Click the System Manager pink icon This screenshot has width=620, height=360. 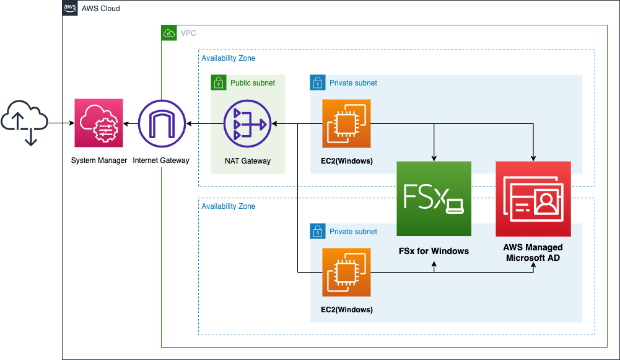pyautogui.click(x=98, y=123)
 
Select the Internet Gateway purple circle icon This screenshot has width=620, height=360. pyautogui.click(x=161, y=123)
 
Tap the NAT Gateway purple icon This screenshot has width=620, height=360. pyautogui.click(x=247, y=124)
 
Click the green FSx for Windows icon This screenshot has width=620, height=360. pyautogui.click(x=434, y=199)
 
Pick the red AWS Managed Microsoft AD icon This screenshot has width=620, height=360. pyautogui.click(x=533, y=199)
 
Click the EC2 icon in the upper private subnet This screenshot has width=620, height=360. pyautogui.click(x=346, y=124)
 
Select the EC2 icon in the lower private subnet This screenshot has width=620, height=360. pyautogui.click(x=346, y=273)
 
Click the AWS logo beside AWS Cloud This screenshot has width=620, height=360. pyautogui.click(x=71, y=9)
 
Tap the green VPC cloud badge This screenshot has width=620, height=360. pyautogui.click(x=169, y=33)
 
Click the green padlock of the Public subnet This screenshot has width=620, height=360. pyautogui.click(x=218, y=82)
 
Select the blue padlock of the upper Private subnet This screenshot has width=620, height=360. pyautogui.click(x=317, y=82)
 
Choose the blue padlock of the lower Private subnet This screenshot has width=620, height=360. pyautogui.click(x=317, y=231)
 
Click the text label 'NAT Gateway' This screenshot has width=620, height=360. pyautogui.click(x=248, y=161)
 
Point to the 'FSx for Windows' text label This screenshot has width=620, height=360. pyautogui.click(x=434, y=251)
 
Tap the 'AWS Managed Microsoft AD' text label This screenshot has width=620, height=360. pyautogui.click(x=533, y=252)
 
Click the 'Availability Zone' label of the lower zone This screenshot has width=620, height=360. pyautogui.click(x=229, y=206)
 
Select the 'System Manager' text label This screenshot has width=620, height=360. pyautogui.click(x=98, y=160)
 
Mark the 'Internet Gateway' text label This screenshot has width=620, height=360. pyautogui.click(x=161, y=160)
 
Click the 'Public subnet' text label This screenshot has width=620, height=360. pyautogui.click(x=253, y=82)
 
